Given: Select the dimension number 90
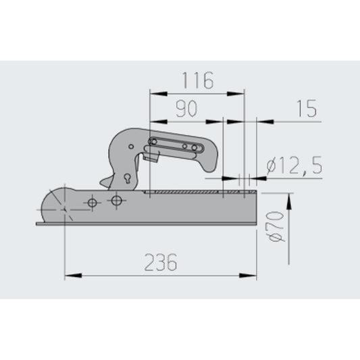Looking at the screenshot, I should (x=186, y=109).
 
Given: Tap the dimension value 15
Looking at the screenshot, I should (x=307, y=109).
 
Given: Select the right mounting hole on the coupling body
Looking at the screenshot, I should (x=118, y=201).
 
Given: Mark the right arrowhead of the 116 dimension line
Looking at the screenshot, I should (x=240, y=92).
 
